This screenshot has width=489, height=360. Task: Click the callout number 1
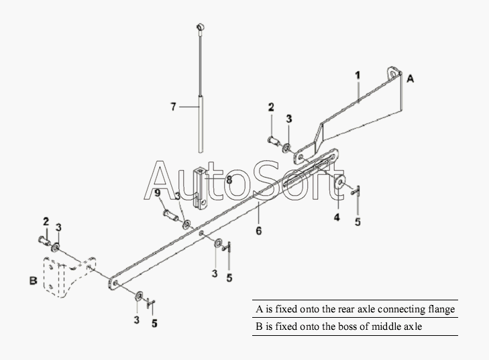358,76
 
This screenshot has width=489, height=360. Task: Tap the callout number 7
173,107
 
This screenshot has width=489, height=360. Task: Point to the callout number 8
229,180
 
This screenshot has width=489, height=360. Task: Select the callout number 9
158,193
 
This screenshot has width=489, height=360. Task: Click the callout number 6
258,231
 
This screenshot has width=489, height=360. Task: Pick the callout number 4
337,217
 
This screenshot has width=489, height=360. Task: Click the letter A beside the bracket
411,78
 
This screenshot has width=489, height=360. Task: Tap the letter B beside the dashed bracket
34,280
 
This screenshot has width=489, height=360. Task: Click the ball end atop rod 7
200,27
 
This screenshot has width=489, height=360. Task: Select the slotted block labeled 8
200,189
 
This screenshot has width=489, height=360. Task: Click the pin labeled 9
171,215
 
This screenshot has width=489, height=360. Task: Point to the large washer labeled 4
340,182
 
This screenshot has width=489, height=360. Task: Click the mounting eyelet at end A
394,72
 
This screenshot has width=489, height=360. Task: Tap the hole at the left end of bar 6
115,284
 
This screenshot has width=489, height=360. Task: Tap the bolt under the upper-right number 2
274,141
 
